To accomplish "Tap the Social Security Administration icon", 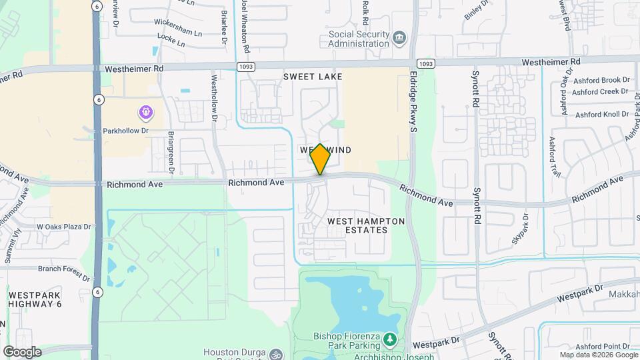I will point(399,37).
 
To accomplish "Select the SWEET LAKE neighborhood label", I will point(313,77).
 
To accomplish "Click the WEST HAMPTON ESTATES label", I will point(357,225).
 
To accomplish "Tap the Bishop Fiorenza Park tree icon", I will point(389,341).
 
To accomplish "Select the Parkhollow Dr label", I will point(125,131).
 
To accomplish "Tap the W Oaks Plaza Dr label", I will point(63,227).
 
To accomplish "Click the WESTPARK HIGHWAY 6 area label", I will point(35,299).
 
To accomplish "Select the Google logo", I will point(21,351).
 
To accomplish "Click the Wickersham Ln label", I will point(178,31).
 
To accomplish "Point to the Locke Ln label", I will point(171,42).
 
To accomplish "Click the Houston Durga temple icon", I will point(277,353).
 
